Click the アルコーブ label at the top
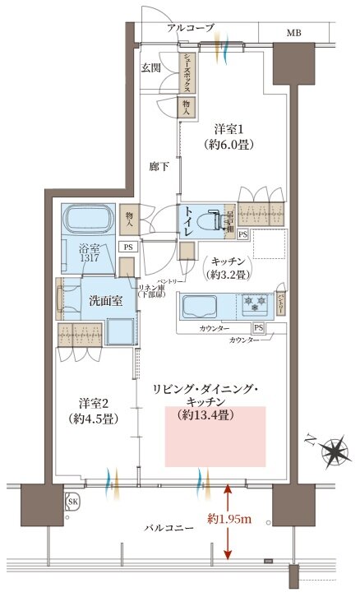190,28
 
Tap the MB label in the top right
293,33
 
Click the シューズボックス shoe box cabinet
188,72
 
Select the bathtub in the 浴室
88,220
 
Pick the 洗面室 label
106,301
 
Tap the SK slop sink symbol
72,502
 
